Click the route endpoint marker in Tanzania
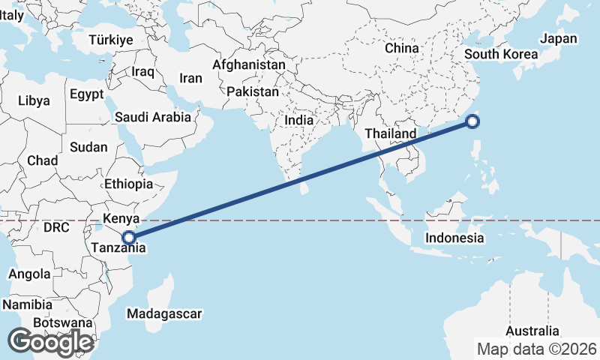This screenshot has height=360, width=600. tap(129, 237)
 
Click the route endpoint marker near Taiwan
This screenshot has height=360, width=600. tap(473, 122)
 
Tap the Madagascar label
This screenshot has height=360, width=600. tap(165, 313)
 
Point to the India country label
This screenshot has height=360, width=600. tap(299, 120)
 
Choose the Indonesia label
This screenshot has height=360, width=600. tap(454, 238)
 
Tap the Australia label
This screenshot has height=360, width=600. tap(532, 331)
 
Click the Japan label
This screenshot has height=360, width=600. tap(559, 39)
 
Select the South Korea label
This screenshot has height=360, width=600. tap(501, 54)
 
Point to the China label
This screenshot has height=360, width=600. tap(401, 48)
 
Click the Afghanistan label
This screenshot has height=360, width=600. tap(249, 64)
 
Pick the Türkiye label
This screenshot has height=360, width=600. tap(110, 40)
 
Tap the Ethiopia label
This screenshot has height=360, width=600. tap(129, 184)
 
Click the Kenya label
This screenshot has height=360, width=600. tap(121, 218)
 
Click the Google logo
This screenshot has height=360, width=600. tap(50, 341)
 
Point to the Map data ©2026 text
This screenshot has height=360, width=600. tap(537, 349)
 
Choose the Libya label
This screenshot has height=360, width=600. tap(34, 100)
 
